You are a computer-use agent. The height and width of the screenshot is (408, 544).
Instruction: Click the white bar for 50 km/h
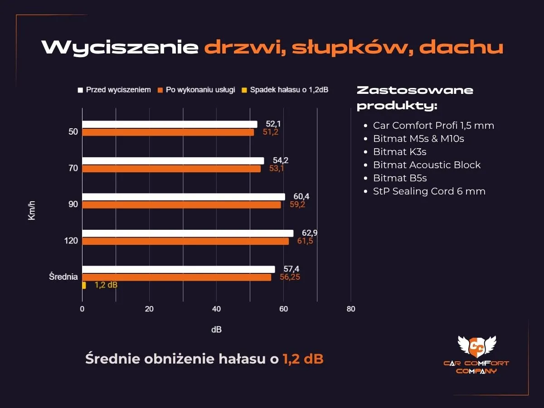(x=170, y=124)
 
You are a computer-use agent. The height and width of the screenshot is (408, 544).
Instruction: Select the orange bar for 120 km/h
(x=185, y=241)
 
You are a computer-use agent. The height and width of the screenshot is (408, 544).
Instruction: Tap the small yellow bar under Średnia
(x=84, y=285)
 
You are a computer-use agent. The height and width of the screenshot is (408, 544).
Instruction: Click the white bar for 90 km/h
(x=184, y=197)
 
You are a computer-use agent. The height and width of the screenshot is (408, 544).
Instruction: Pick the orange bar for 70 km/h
(x=171, y=169)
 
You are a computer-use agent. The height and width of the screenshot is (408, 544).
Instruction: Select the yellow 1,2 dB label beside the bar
(x=106, y=285)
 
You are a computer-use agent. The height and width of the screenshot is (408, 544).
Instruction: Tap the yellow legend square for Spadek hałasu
(x=244, y=90)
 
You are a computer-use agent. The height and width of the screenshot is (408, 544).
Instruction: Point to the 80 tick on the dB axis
(x=350, y=309)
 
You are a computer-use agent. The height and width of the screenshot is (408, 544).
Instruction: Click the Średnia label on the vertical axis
(x=63, y=277)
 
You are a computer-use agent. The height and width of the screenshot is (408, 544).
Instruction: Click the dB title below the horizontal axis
(x=216, y=330)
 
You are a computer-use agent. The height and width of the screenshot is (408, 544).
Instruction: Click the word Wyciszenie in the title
(x=120, y=47)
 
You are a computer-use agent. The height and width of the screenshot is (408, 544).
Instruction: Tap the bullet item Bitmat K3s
(x=399, y=151)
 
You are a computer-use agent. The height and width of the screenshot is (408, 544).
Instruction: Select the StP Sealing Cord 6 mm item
(x=429, y=191)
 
